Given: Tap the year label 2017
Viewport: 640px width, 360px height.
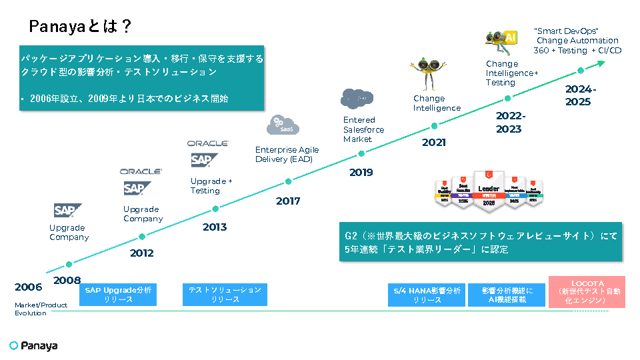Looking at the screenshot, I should point(288,201).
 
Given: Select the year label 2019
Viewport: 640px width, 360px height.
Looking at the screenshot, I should point(361,173).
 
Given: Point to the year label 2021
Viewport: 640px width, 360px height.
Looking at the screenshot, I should point(434,142).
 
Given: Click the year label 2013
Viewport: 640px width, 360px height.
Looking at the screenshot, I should point(215,227).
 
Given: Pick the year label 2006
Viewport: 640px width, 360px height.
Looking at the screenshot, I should point(28,287).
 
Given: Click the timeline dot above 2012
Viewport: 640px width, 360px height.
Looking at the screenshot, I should point(142,236).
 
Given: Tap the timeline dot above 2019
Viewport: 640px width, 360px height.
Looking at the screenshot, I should point(361,153).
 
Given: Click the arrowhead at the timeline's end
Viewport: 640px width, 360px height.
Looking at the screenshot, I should point(601,63).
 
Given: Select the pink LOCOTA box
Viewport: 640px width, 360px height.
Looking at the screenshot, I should point(587,292).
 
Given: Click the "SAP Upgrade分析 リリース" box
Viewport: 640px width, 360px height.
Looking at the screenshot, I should point(118,295).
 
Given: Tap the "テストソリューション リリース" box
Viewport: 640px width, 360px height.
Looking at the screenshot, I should point(225,295).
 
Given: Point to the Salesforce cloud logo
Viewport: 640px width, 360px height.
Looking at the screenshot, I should point(357,98).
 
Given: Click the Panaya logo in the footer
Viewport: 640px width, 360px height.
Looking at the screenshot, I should point(34,345).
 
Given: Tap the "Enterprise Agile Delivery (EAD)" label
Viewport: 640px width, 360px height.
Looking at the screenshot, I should point(287,155).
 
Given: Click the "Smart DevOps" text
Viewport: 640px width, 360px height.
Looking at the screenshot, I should point(567,31).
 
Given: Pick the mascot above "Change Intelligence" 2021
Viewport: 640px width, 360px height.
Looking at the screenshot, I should point(424,73).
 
